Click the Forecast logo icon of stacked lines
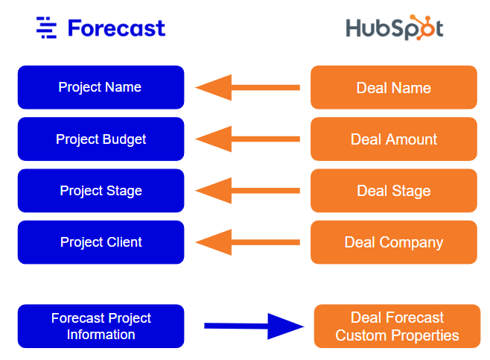[x=46, y=28]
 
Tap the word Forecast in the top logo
[x=116, y=28]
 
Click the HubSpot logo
[x=394, y=28]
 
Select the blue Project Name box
[x=101, y=87]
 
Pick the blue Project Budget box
[x=101, y=139]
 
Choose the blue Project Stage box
[x=101, y=191]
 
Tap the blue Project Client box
[x=101, y=242]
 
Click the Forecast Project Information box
[x=101, y=326]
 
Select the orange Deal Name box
[x=393, y=87]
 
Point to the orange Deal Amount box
[x=393, y=139]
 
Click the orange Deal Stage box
[x=393, y=191]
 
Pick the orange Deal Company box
[x=393, y=242]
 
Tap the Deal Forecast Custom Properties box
[x=397, y=326]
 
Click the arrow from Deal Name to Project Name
[x=247, y=87]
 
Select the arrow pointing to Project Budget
[x=247, y=139]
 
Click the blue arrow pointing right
[x=254, y=326]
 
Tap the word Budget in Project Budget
[x=124, y=139]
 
